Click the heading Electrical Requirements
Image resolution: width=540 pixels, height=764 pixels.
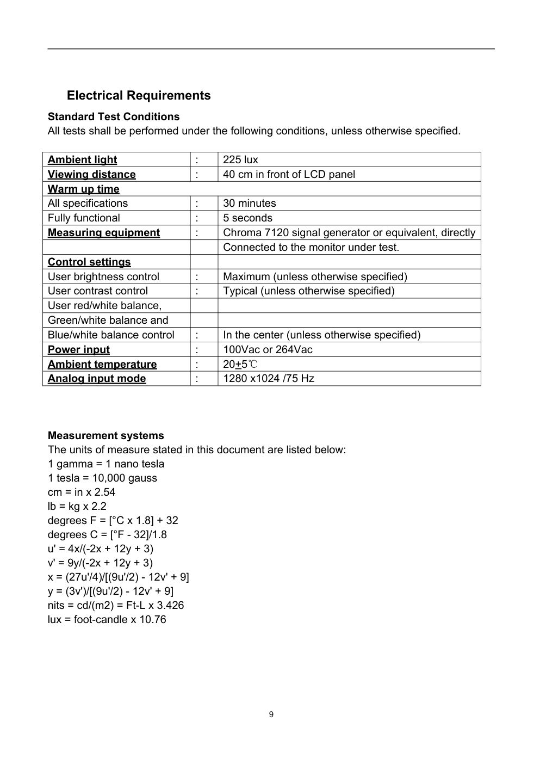click(139, 96)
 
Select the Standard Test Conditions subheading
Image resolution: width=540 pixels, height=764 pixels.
click(114, 116)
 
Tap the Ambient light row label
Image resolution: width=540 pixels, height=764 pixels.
click(82, 159)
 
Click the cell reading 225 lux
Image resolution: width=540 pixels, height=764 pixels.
click(240, 159)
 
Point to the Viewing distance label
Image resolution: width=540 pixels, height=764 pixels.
click(91, 174)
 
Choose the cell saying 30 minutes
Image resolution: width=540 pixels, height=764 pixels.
click(250, 203)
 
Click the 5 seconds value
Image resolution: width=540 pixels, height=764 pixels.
click(247, 218)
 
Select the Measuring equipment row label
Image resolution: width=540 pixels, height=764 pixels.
click(104, 232)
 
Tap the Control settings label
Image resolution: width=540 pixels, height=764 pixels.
click(89, 262)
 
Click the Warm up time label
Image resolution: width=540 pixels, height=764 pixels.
click(83, 189)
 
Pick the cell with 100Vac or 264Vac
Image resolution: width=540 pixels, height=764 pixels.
click(268, 349)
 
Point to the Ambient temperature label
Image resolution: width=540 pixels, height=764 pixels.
click(102, 364)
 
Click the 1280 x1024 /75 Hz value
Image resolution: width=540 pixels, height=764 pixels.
click(269, 378)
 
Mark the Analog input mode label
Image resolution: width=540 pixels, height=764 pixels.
click(97, 378)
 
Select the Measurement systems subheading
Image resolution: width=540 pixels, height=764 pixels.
click(106, 435)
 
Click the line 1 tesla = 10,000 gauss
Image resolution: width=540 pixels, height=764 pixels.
click(102, 478)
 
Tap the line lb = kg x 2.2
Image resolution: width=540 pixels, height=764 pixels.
click(77, 506)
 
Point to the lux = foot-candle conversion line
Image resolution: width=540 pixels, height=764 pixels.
click(107, 619)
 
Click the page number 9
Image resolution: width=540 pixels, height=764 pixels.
click(271, 714)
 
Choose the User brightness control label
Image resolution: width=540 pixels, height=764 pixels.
click(103, 276)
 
